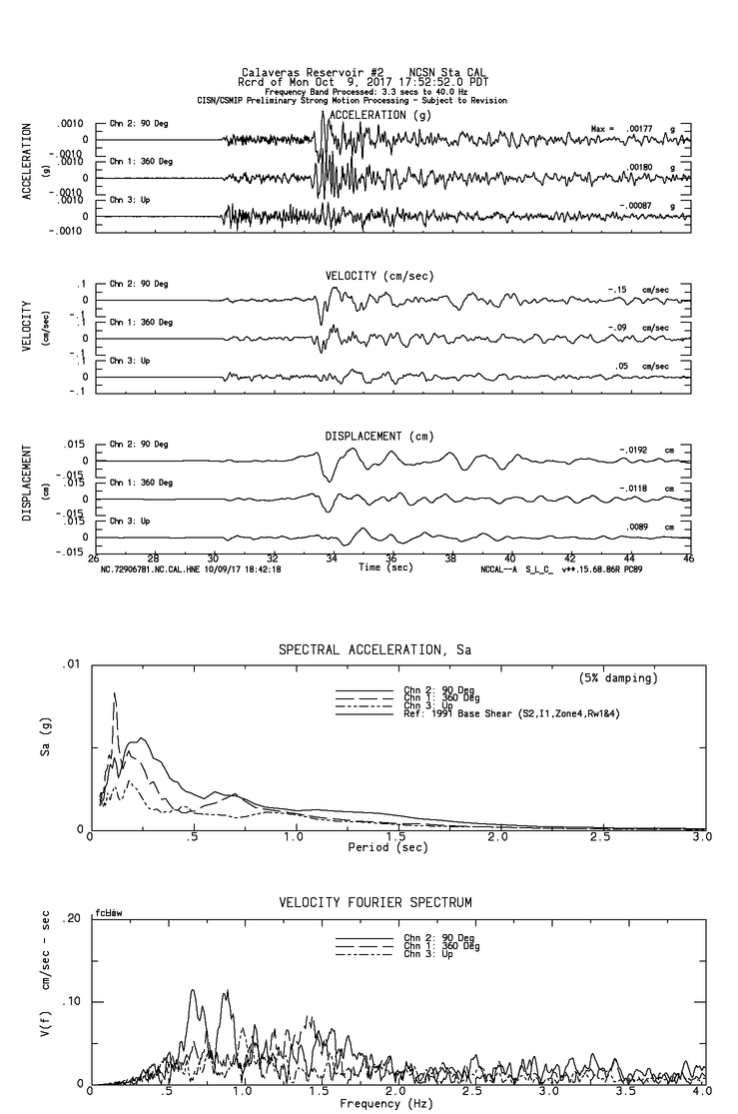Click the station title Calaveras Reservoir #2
(x=311, y=72)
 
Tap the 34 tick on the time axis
(x=332, y=558)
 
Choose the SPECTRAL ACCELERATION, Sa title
(x=374, y=650)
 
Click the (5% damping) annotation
(x=618, y=678)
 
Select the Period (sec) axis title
(x=389, y=847)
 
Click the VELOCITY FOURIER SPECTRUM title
(x=374, y=902)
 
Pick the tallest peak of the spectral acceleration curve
(x=115, y=692)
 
